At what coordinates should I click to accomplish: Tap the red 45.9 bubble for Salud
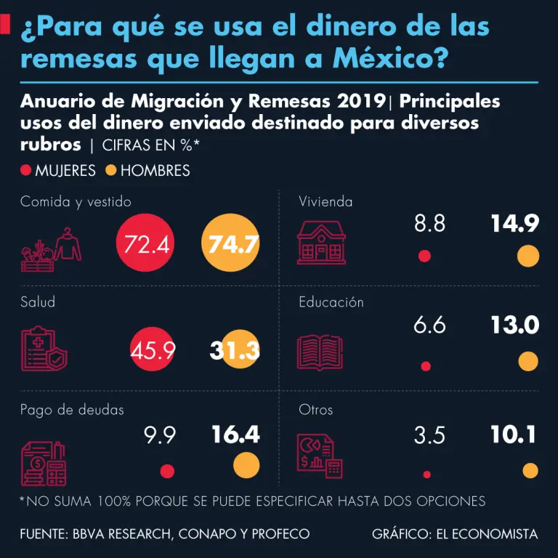click(x=154, y=350)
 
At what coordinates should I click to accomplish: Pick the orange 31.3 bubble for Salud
click(x=232, y=350)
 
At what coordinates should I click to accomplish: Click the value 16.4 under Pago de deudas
click(x=235, y=434)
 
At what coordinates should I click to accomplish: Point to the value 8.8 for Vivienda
click(x=429, y=223)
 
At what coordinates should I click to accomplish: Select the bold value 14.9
click(x=514, y=223)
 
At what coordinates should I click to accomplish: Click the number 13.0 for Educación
click(x=514, y=325)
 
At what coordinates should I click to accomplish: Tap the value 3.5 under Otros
click(x=429, y=435)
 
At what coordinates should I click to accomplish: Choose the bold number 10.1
click(x=513, y=434)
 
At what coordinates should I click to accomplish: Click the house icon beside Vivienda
click(x=320, y=243)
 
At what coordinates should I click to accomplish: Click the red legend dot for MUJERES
click(x=26, y=171)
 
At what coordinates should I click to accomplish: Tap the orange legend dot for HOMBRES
click(x=111, y=171)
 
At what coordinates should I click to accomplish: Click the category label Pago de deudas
click(x=72, y=410)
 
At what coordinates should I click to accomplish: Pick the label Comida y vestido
click(x=76, y=202)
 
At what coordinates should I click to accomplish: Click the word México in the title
click(x=384, y=58)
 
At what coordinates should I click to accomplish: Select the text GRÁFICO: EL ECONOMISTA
click(x=455, y=534)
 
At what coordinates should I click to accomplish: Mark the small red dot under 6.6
click(x=426, y=365)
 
